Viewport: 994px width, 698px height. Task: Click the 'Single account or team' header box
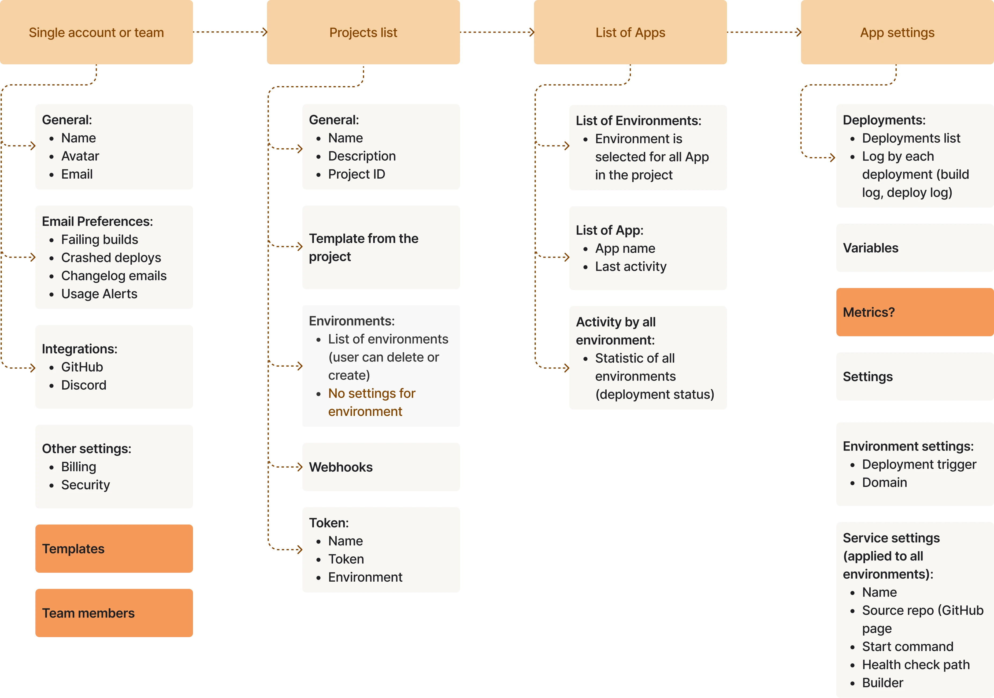96,32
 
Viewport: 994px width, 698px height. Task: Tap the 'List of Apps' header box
630,32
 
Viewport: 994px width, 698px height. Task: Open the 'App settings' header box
897,32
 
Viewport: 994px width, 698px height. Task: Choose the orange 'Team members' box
113,613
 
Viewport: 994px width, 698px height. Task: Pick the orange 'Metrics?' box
914,312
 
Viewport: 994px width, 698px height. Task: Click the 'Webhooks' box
381,467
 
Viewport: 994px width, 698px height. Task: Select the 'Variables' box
914,248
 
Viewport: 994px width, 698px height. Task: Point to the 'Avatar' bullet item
80,156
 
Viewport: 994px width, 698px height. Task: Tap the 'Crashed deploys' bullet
111,258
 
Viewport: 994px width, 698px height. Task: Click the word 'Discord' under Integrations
84,385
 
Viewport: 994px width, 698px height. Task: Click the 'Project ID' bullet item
356,174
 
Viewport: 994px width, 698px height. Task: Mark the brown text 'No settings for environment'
372,402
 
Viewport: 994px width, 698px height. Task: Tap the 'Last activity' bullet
630,266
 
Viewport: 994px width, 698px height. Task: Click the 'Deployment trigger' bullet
919,464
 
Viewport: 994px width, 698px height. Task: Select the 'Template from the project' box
381,247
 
